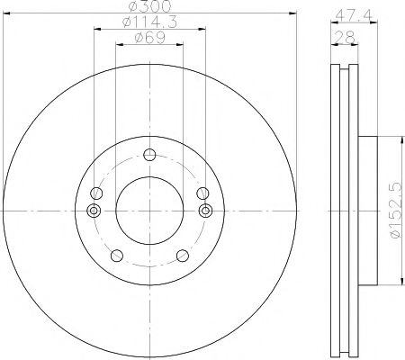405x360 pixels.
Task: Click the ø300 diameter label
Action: (x=149, y=6)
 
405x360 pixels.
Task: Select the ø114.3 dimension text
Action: (x=149, y=22)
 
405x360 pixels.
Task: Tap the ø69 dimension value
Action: (x=150, y=38)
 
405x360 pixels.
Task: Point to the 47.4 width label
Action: (x=354, y=15)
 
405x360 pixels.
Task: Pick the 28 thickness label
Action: (x=346, y=37)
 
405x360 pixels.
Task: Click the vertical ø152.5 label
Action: (x=395, y=210)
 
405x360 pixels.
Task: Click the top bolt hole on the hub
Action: (x=149, y=155)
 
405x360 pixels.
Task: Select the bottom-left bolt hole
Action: (x=117, y=256)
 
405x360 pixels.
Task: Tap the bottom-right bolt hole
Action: (x=183, y=256)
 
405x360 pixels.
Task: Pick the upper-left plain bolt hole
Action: (x=96, y=193)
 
